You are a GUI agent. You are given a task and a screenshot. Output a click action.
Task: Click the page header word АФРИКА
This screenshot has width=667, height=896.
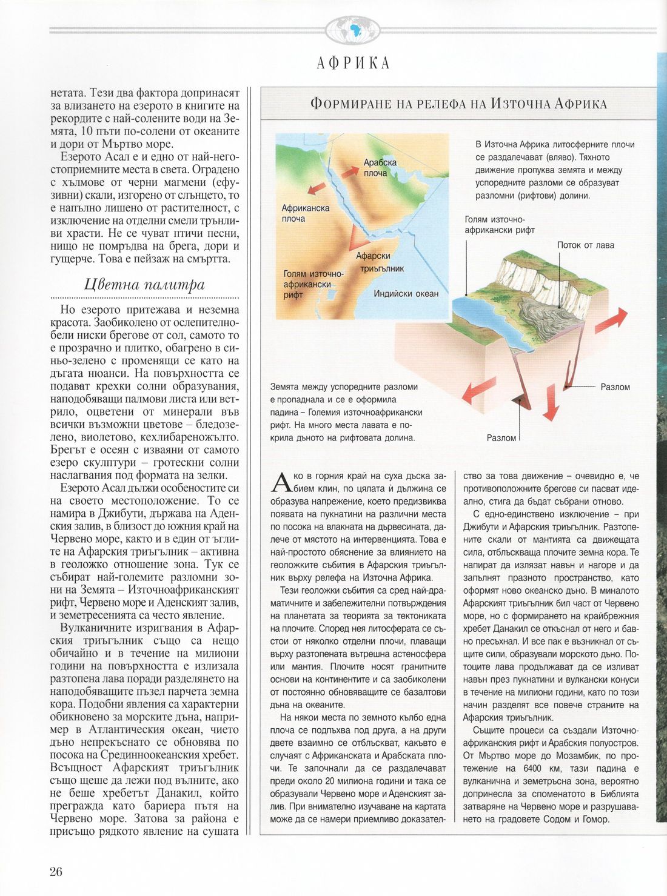coord(354,63)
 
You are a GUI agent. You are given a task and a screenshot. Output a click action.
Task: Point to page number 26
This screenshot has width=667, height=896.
coord(56,872)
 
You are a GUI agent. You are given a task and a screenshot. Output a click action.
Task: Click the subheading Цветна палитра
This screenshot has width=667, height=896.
coord(144,284)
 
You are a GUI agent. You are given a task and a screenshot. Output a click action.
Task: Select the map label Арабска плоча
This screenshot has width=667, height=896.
coord(380,168)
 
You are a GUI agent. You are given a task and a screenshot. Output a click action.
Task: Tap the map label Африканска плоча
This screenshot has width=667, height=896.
coord(305,213)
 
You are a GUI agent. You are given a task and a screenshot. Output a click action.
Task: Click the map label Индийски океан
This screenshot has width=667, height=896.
coord(406,294)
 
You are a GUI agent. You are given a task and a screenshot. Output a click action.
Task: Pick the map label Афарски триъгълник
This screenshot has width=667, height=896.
coord(381,262)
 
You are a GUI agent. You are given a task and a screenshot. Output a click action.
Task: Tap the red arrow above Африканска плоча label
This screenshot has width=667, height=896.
coord(317,188)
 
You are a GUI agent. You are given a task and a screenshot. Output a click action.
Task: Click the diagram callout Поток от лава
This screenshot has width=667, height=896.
coord(585,245)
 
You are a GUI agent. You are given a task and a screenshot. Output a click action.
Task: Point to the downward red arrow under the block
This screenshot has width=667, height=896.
coord(550,403)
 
